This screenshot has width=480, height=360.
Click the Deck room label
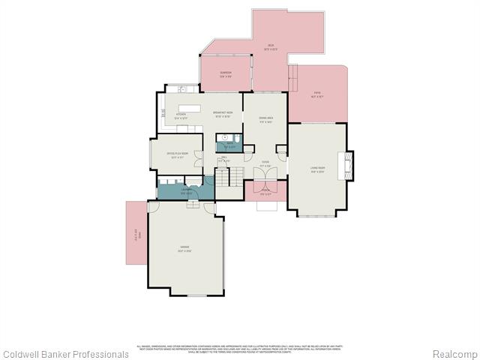271,47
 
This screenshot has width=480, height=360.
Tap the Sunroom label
225,73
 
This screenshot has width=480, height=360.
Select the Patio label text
317,94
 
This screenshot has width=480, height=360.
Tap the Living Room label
317,169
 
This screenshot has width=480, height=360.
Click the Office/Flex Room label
177,155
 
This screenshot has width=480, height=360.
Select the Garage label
184,249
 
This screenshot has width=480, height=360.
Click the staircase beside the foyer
234,177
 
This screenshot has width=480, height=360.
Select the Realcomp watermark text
455,353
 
